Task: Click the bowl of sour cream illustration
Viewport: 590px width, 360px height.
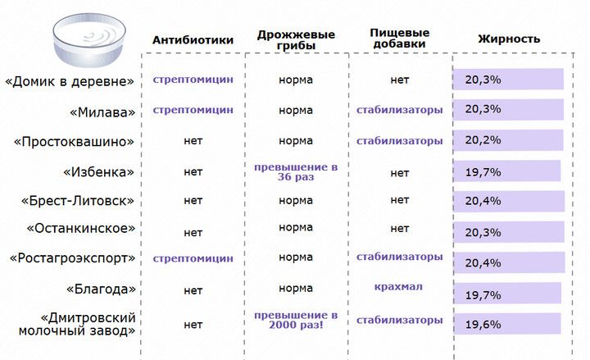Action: click(89, 40)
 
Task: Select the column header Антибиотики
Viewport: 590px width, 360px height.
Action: click(193, 40)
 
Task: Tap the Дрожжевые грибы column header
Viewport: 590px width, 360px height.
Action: click(296, 40)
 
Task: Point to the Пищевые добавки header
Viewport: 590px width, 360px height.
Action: click(400, 38)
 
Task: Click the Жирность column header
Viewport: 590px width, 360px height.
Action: click(509, 39)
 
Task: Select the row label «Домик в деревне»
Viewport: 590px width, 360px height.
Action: click(69, 81)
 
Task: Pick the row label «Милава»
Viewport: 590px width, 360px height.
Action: click(102, 112)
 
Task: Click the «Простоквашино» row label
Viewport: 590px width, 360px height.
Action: click(74, 142)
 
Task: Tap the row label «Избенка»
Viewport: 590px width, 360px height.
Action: click(98, 172)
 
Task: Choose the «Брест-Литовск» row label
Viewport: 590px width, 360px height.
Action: click(78, 201)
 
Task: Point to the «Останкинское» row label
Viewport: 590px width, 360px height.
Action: click(81, 229)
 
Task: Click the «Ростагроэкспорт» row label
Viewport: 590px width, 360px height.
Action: click(72, 258)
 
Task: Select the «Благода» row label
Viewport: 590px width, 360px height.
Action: click(101, 289)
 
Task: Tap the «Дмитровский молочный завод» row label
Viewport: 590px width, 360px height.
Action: click(77, 324)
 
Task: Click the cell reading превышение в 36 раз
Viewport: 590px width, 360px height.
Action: click(296, 172)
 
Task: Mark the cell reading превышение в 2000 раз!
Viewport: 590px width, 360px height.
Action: click(296, 320)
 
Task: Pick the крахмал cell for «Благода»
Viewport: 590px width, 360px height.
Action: click(398, 286)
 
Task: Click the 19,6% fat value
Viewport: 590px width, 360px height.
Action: click(483, 325)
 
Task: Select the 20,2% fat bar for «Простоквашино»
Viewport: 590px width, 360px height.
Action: click(508, 140)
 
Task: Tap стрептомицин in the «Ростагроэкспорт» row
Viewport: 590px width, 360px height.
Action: click(193, 258)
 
